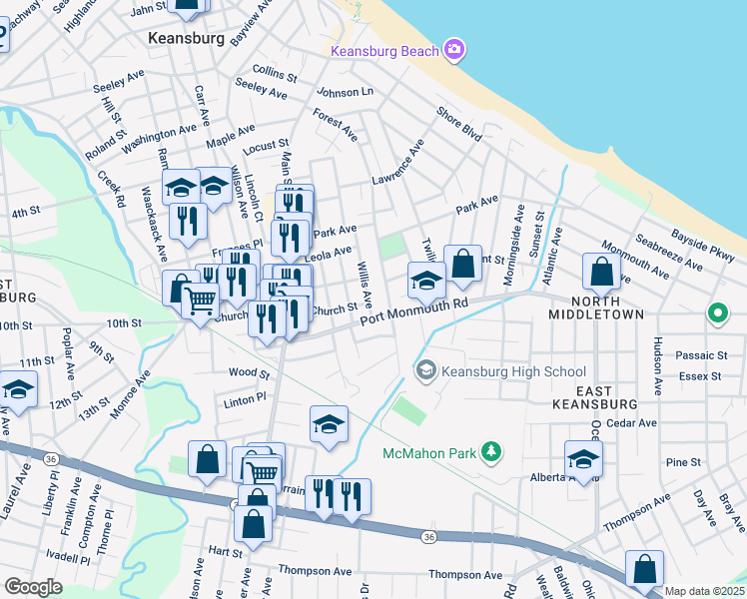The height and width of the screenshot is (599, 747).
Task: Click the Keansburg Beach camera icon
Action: click(x=455, y=49)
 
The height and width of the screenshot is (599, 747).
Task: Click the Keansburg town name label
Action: click(x=184, y=38)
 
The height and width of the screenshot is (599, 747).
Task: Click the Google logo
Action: click(x=33, y=586)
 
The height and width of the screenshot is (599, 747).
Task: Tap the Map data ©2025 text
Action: click(x=703, y=591)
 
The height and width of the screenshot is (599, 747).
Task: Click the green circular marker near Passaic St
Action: click(x=717, y=314)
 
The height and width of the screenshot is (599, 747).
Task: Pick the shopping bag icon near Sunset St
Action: click(x=462, y=266)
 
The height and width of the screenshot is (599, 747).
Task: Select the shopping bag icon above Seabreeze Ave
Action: click(x=602, y=271)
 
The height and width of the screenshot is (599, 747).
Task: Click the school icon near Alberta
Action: click(x=583, y=459)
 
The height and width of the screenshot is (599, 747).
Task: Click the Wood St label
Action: click(x=249, y=373)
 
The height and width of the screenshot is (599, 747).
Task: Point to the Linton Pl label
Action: click(x=245, y=397)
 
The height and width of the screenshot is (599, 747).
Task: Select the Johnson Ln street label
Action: click(x=345, y=92)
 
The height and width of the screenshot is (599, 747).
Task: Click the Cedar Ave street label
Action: click(x=635, y=422)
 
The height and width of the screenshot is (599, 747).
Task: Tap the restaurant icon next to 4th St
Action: click(x=187, y=220)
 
